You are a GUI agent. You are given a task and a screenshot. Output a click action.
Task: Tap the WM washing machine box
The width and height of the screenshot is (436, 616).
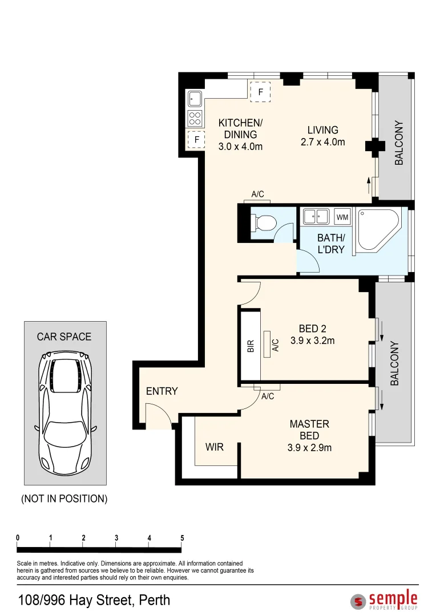(x=342, y=217)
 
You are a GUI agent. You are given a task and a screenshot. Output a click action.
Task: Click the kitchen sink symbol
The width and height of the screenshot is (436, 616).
(x=195, y=99)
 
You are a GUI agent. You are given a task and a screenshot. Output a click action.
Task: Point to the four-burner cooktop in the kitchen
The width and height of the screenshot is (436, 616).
(x=195, y=118)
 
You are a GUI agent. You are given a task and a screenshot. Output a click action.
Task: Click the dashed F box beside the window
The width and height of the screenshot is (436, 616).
(x=260, y=92)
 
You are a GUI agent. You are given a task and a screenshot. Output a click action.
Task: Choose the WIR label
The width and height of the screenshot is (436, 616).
(x=214, y=447)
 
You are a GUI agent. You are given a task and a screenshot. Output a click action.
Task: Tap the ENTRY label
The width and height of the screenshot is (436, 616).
(x=162, y=391)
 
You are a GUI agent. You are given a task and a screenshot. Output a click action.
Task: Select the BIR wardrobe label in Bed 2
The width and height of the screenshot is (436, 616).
(x=251, y=346)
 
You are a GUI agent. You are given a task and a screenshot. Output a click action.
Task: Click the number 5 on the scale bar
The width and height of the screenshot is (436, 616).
(x=182, y=538)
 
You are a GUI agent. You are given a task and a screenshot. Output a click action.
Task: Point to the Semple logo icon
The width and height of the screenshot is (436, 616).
(x=358, y=601)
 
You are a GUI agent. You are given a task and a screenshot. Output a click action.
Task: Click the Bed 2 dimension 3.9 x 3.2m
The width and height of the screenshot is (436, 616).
(x=313, y=341)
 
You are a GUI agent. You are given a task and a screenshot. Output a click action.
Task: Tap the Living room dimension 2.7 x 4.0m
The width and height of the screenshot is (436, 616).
(x=323, y=142)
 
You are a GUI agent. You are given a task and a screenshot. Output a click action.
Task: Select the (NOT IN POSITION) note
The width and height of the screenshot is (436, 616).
(x=64, y=499)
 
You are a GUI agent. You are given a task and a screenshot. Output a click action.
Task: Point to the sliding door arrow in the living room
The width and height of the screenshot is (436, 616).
(x=369, y=185)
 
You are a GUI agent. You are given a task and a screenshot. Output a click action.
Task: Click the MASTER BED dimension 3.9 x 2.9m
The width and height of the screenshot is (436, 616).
(x=309, y=448)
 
